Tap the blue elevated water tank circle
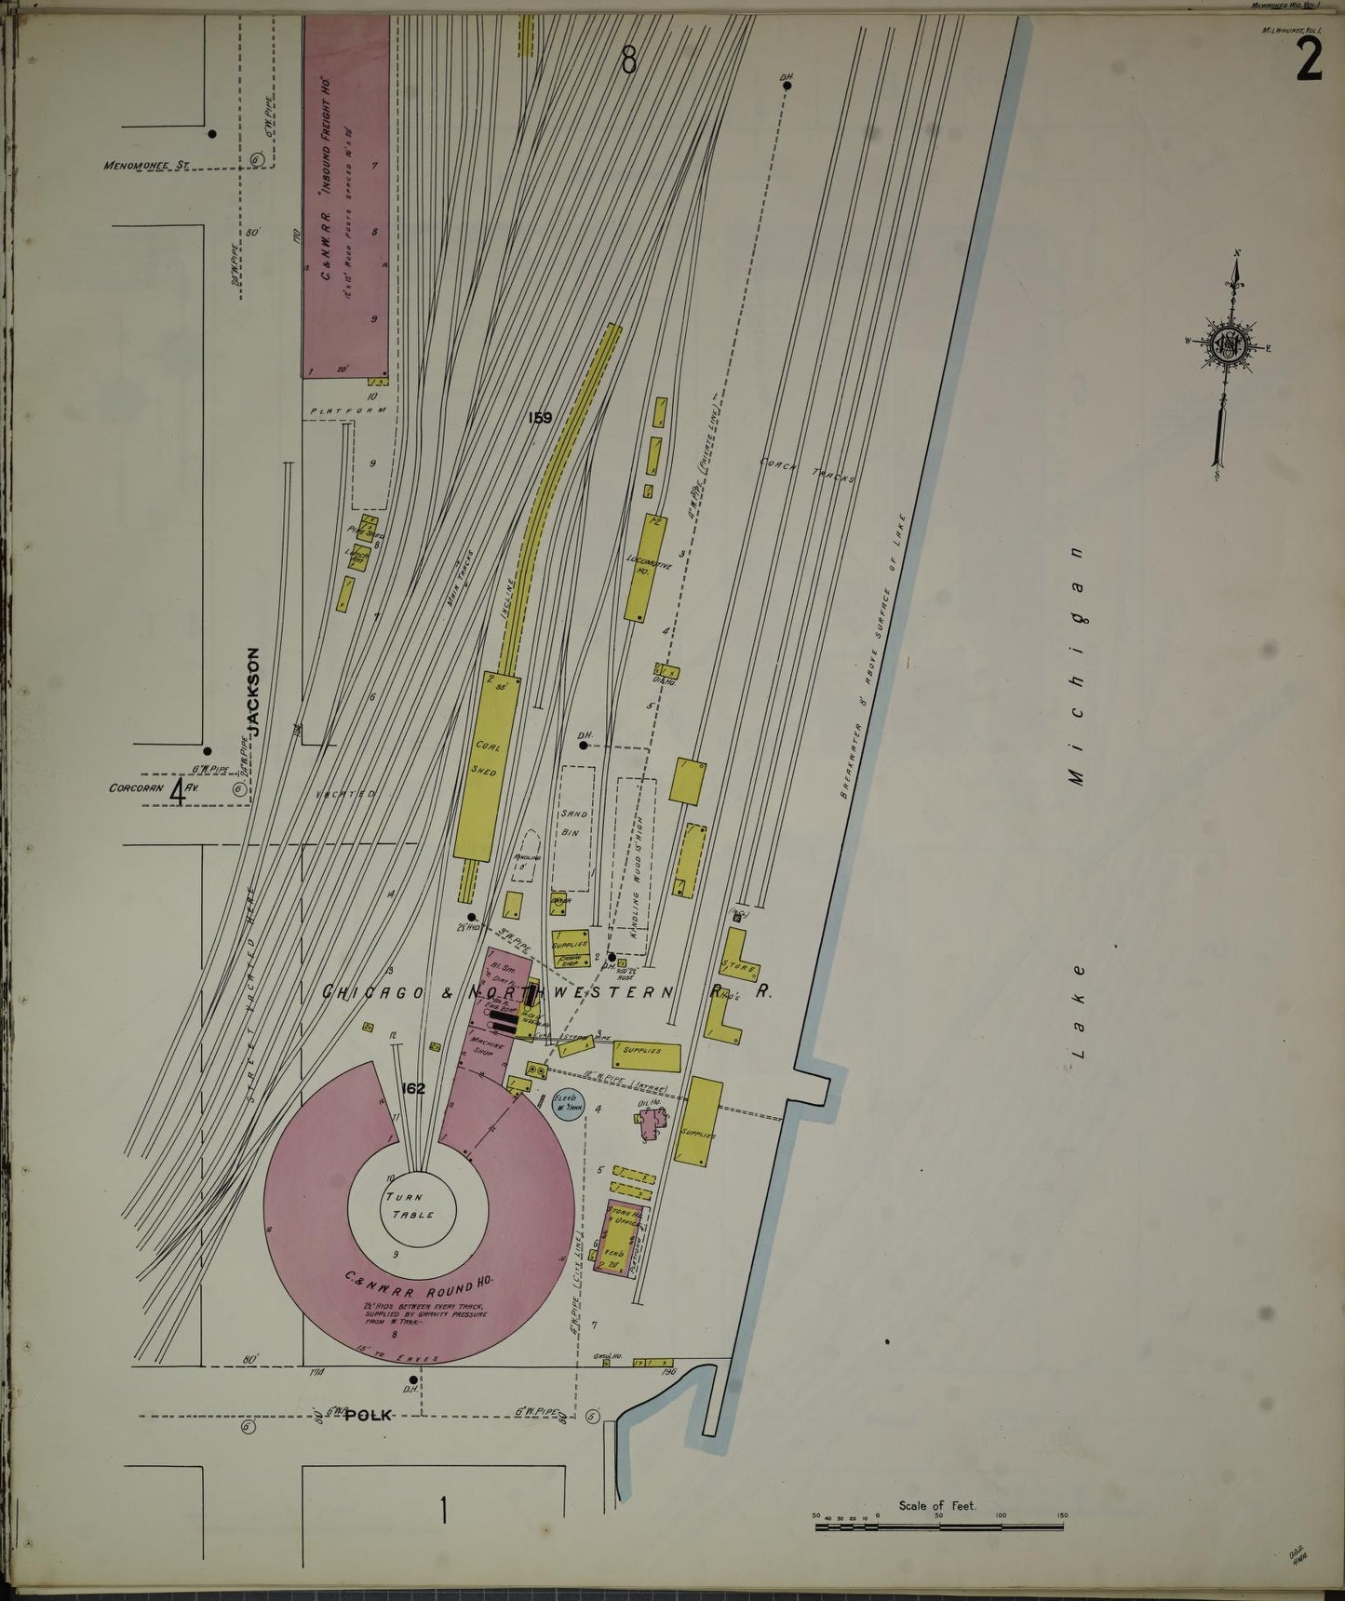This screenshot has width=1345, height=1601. (x=567, y=1104)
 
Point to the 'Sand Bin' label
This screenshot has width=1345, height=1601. (x=571, y=822)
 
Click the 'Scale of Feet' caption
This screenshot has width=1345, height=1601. (x=937, y=1505)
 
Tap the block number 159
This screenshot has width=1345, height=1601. (x=540, y=418)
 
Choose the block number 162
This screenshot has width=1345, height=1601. (x=414, y=1087)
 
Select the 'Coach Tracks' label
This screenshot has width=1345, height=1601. (x=807, y=468)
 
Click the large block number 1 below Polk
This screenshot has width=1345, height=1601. (x=443, y=1509)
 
